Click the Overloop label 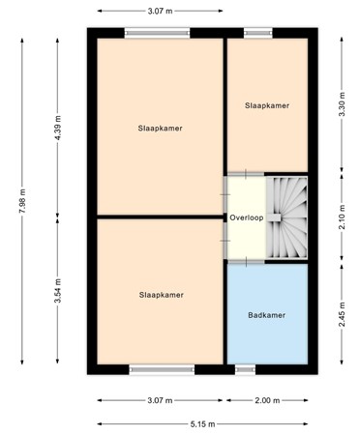tap(247, 217)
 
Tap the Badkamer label tap(267, 315)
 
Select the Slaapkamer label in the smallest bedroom tap(267, 105)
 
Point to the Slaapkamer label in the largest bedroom tap(161, 128)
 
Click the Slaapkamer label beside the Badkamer tap(161, 295)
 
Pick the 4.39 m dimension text tap(57, 126)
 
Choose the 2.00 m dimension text tap(267, 400)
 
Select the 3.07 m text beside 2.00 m tap(161, 400)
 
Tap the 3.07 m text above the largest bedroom tap(161, 11)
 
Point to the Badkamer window tap(246, 368)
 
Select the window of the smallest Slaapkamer tap(257, 33)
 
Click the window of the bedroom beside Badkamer tap(155, 368)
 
